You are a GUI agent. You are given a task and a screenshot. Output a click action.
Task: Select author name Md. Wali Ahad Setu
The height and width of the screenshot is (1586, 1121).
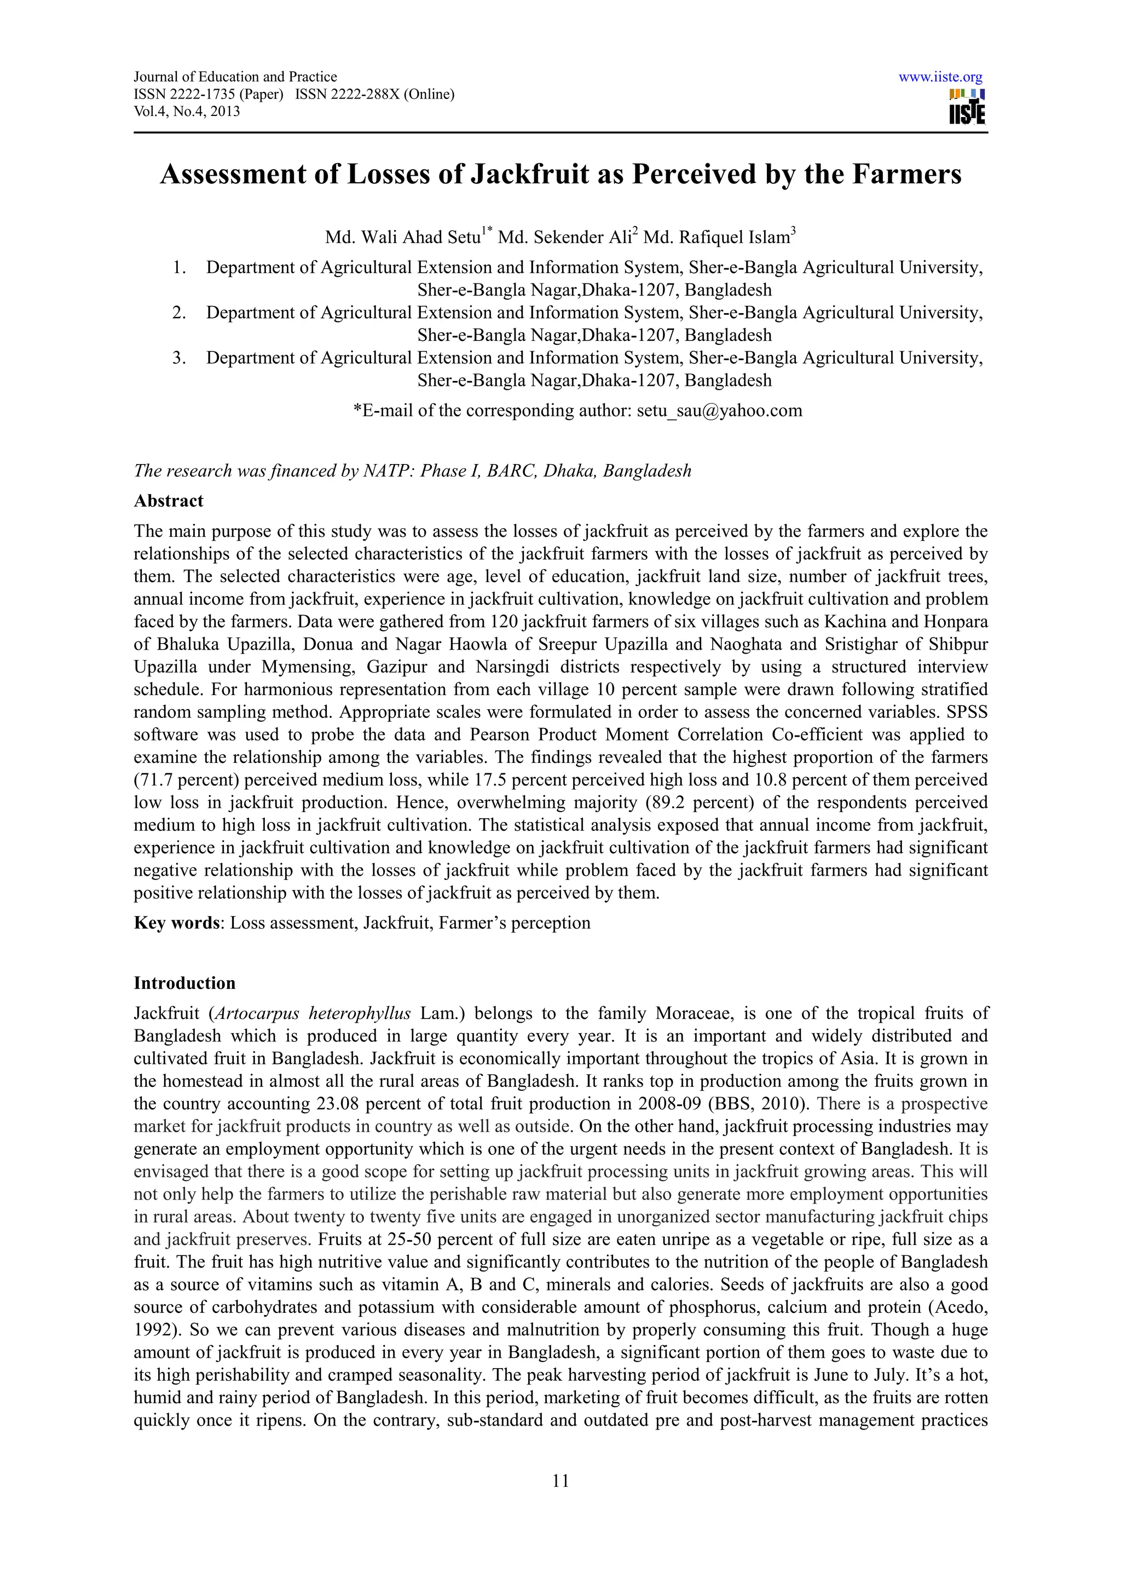point(403,238)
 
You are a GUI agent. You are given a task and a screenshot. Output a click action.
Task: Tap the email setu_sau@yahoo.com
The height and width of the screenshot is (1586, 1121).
point(719,410)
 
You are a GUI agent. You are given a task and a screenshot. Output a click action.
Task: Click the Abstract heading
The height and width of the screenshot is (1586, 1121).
point(169,501)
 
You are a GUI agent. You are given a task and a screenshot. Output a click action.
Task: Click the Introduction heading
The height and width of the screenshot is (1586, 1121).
point(184,983)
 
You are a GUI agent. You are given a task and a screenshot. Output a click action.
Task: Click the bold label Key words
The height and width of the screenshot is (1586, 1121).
point(176,923)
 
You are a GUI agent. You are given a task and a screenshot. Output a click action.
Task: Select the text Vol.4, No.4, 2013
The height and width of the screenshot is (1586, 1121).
point(187,111)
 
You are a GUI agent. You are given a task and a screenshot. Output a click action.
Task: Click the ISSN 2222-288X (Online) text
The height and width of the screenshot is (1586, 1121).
point(374,95)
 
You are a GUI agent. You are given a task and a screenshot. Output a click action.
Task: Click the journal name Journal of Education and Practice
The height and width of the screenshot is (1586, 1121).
point(235,77)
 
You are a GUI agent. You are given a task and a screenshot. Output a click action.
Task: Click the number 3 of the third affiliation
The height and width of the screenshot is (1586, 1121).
point(179,358)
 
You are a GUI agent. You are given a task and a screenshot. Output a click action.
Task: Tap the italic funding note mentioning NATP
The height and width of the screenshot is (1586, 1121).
point(412,471)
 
